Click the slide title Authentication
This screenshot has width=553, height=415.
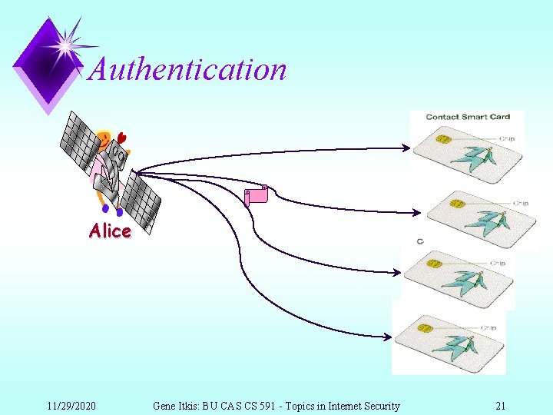pyautogui.click(x=187, y=69)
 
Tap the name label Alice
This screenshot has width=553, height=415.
pyautogui.click(x=110, y=231)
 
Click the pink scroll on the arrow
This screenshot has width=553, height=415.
pyautogui.click(x=256, y=195)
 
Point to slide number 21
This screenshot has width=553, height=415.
pyautogui.click(x=500, y=406)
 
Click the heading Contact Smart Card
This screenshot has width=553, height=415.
pyautogui.click(x=468, y=117)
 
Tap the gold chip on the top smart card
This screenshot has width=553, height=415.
pyautogui.click(x=444, y=141)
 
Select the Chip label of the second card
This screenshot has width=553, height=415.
pyautogui.click(x=521, y=204)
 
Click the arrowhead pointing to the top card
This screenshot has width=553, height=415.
pyautogui.click(x=407, y=146)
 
